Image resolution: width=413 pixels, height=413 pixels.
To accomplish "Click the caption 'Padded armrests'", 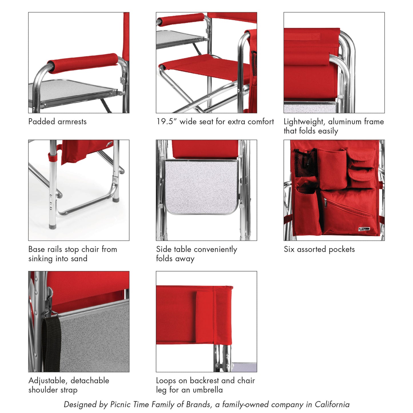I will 57,122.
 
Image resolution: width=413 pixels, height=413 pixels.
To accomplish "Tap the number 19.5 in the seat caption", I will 165,122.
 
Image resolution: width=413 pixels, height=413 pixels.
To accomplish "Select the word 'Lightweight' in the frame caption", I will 304,122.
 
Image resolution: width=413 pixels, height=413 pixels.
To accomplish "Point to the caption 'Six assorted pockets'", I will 319,250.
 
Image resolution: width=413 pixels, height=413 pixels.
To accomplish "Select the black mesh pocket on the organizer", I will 305,163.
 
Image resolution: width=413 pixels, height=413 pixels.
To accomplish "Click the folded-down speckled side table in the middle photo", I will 201,186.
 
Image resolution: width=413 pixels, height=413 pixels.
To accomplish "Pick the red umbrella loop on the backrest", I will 205,316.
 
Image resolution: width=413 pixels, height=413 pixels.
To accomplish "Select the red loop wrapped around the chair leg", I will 52,157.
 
